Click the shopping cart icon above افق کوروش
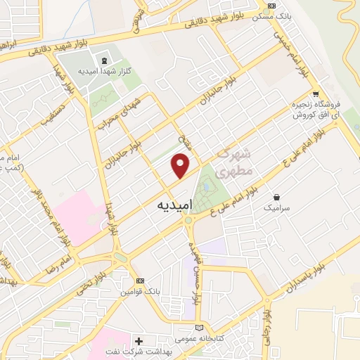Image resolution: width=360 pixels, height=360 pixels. [x=316, y=94]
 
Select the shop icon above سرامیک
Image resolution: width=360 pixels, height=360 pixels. [x=277, y=198]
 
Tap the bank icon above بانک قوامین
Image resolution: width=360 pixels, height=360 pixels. [x=139, y=280]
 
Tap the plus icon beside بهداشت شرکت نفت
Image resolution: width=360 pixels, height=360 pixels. [x=139, y=340]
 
